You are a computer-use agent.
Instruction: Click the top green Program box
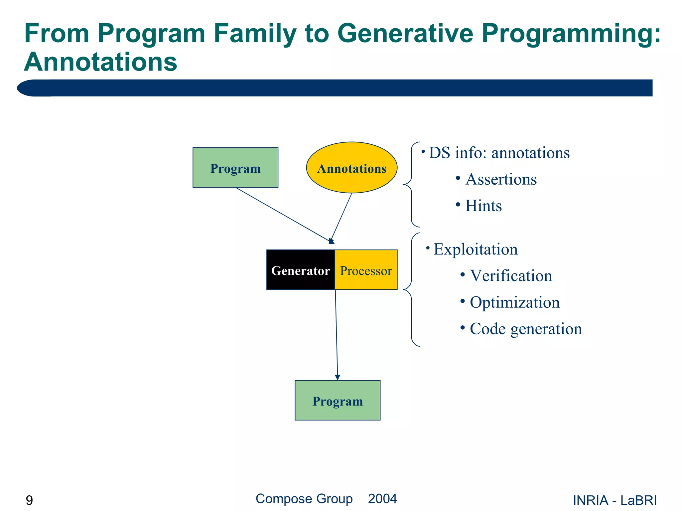tap(235, 167)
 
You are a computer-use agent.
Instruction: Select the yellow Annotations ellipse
tap(351, 168)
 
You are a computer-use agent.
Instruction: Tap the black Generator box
tap(300, 270)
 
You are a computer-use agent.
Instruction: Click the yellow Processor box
tap(366, 270)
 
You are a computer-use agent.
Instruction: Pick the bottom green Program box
tap(337, 400)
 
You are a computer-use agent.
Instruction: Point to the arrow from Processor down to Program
tap(336, 333)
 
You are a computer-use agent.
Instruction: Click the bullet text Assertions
tap(501, 179)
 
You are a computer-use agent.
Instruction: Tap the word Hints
tap(483, 206)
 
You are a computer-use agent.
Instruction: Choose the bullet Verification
tap(511, 276)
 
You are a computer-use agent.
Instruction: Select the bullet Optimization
tap(514, 302)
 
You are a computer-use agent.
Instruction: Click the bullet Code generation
tap(526, 329)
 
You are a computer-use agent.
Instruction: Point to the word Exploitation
tap(476, 249)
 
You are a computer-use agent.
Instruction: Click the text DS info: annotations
tap(499, 153)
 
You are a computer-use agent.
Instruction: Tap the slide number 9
tap(29, 500)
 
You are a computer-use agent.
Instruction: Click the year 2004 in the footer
tap(382, 499)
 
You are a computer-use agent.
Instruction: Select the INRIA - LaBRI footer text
tap(614, 500)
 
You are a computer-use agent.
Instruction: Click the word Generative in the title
tap(405, 33)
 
